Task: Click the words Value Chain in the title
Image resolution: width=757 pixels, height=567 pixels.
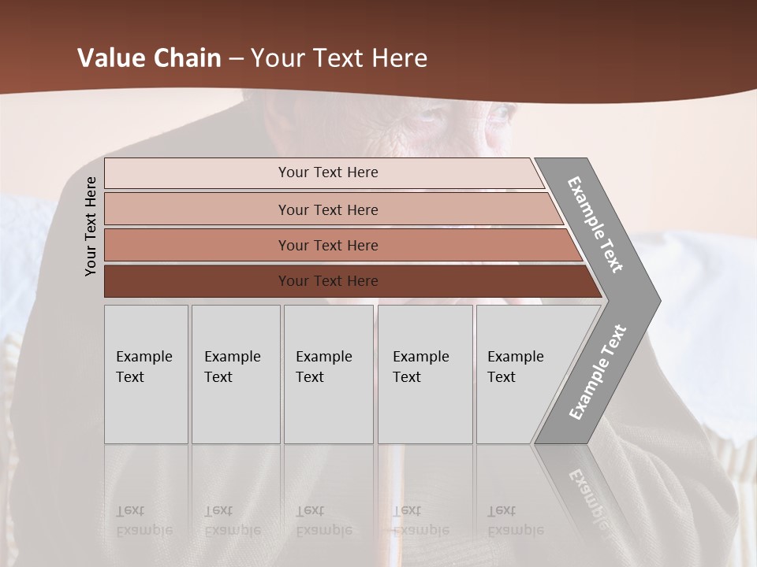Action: [x=149, y=58]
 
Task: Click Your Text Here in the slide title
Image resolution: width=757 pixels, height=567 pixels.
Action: [x=339, y=58]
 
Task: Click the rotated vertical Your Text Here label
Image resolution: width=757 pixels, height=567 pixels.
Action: [x=91, y=226]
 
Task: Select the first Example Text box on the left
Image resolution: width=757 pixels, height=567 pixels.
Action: [x=146, y=374]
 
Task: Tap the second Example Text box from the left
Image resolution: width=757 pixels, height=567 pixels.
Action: [x=235, y=374]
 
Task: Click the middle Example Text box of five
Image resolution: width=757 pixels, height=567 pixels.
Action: [x=328, y=374]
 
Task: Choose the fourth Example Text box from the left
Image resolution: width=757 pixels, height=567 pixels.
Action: [x=424, y=374]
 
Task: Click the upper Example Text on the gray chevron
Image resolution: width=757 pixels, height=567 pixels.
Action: [x=595, y=224]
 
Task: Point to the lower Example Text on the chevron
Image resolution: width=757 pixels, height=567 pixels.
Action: [x=597, y=372]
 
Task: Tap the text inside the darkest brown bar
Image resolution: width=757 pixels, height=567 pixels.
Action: [x=328, y=281]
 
